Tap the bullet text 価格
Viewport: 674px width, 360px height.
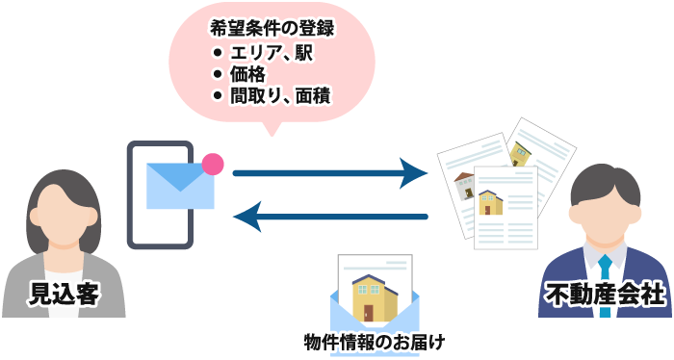click(x=246, y=73)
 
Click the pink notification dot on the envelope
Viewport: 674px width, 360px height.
click(x=213, y=164)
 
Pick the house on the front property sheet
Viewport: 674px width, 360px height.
click(x=491, y=201)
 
